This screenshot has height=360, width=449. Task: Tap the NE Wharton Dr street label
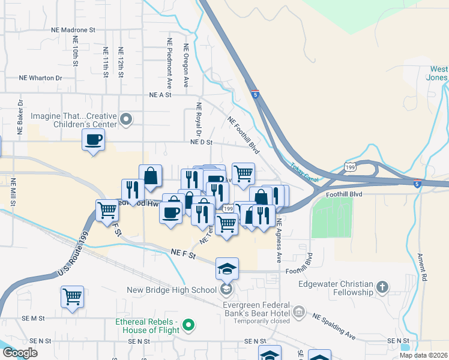[41, 78]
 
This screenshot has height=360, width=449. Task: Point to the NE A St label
[160, 95]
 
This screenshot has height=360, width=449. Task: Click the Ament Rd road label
[423, 267]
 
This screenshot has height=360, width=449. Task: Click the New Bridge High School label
[172, 290]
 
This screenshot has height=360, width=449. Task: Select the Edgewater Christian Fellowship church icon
[383, 287]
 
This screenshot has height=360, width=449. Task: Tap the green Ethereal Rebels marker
[189, 326]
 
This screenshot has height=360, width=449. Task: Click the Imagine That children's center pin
[126, 120]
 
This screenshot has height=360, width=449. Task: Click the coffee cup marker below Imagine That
[93, 141]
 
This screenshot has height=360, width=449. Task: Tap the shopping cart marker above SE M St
[72, 296]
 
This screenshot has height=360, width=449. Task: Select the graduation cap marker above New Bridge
[228, 268]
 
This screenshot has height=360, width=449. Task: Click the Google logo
[20, 353]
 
